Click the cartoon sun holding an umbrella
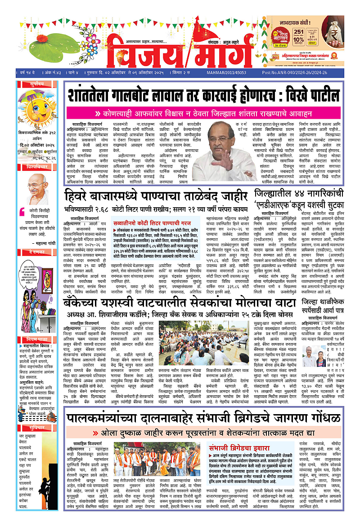pyautogui.click(x=38, y=107)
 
